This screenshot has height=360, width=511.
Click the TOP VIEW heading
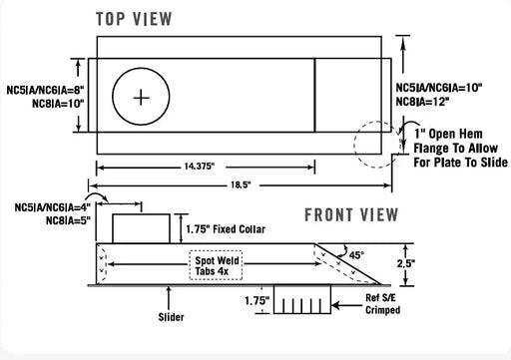tap(134, 19)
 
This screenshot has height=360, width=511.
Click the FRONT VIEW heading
tap(351, 214)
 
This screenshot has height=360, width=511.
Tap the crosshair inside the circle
tap(141, 98)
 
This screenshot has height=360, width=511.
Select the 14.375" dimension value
tap(200, 166)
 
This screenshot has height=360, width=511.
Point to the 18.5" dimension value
tap(241, 184)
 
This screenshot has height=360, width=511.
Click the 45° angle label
tap(356, 255)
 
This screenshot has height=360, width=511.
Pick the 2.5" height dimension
tap(406, 263)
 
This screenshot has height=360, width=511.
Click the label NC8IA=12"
tap(422, 102)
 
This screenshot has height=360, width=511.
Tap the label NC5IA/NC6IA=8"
tap(45, 90)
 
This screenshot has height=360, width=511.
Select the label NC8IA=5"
tap(68, 220)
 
